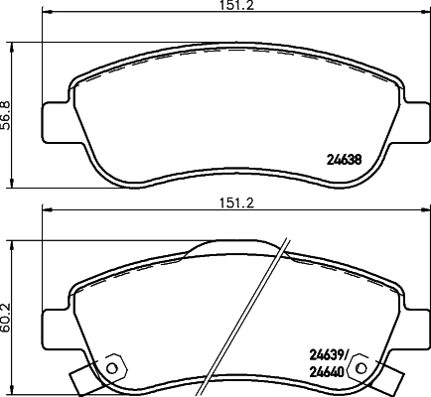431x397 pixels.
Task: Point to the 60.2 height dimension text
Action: [7, 314]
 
